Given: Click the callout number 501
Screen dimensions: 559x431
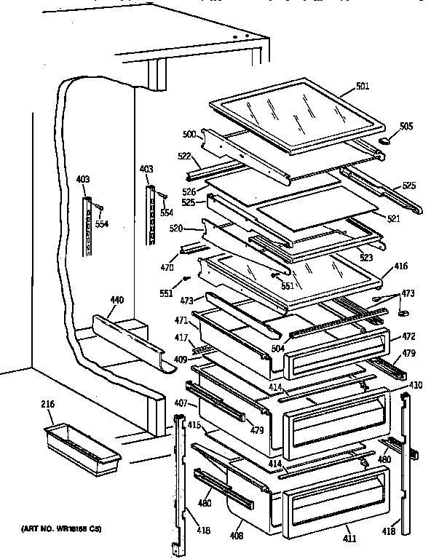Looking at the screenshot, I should tap(363, 87).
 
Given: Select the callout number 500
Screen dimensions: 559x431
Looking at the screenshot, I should tap(188, 134).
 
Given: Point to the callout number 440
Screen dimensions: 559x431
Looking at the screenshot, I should tap(116, 299).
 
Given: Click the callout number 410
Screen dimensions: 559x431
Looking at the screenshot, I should tap(415, 384).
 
